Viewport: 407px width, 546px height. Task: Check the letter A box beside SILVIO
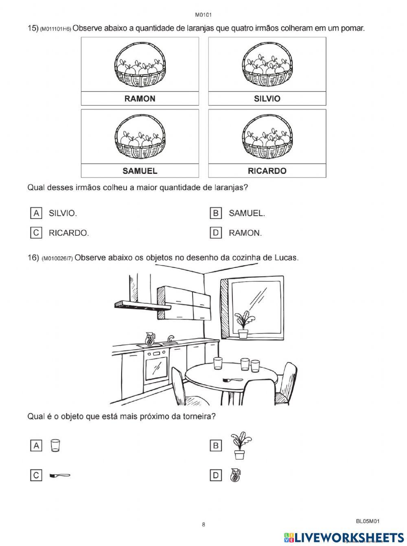pos(36,213)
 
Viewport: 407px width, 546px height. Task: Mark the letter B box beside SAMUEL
pos(216,213)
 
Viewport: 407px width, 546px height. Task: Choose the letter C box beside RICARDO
pos(36,233)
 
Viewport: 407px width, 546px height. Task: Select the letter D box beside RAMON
pos(216,233)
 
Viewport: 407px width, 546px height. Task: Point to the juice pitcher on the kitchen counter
pos(150,339)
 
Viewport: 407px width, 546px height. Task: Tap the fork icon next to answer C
pos(60,475)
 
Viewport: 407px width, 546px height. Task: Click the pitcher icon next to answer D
pos(235,475)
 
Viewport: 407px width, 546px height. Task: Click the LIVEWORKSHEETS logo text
pos(348,537)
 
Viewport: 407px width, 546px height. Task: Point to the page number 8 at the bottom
pos(203,524)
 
